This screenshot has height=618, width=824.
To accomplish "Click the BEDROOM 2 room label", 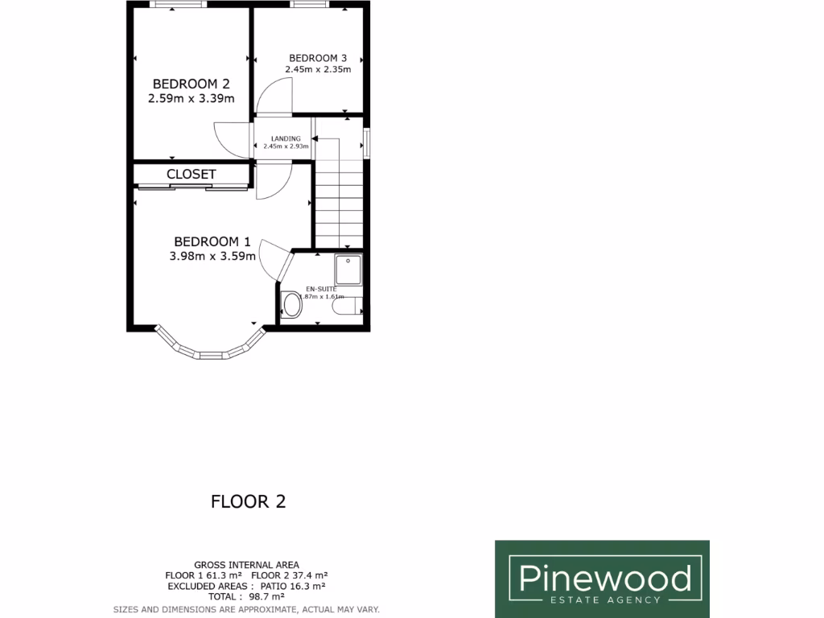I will click(x=192, y=84).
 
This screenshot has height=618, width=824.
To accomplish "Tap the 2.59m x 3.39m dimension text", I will click(x=192, y=99).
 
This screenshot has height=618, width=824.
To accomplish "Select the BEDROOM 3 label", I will click(x=318, y=58).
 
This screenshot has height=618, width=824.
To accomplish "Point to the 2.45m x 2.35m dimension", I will click(x=318, y=69).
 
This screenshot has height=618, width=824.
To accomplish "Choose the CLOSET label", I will click(x=192, y=175).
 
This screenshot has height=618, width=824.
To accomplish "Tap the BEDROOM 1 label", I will click(x=212, y=241).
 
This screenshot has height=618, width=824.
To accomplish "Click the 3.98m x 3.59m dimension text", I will click(x=212, y=257).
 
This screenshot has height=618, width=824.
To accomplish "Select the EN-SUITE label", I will click(x=320, y=289).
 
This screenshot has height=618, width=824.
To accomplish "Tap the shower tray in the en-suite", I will click(x=350, y=270).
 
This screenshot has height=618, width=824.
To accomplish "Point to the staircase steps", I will click(x=339, y=205).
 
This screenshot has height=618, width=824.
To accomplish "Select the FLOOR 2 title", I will click(x=248, y=501).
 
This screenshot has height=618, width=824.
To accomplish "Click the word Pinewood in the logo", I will click(x=604, y=578).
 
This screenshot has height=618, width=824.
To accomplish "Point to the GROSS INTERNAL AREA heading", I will click(x=246, y=565).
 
